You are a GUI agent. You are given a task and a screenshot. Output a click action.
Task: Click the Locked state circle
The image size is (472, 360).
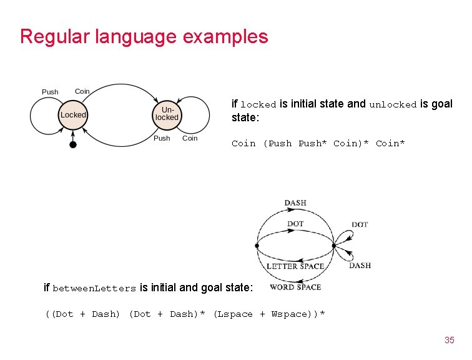(x=73, y=115)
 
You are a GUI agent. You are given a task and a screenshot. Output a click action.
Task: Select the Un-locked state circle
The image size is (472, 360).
(x=167, y=114)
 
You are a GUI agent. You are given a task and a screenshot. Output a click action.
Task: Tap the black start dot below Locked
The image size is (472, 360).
(x=72, y=144)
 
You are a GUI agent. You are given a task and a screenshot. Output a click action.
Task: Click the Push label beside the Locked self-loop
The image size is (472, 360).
(x=50, y=92)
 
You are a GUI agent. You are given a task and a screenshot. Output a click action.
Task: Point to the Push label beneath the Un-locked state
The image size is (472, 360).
(x=162, y=138)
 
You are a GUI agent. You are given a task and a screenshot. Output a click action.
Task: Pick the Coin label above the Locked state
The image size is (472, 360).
(x=82, y=91)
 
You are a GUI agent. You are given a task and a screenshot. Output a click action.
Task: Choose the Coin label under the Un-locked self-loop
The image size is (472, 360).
(x=190, y=138)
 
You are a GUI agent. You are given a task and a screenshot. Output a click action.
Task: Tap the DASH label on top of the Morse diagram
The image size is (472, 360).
(x=295, y=202)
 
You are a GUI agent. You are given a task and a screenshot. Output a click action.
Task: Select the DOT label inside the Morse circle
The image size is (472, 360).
(x=295, y=224)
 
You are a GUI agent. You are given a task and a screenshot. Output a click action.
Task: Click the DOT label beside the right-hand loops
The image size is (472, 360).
(x=360, y=224)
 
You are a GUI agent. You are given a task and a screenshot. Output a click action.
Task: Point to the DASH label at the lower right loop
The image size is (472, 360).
(x=360, y=265)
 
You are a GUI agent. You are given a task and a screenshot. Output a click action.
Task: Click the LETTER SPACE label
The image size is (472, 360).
(x=295, y=266)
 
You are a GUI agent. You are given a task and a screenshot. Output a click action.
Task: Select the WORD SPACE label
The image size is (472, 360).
(x=295, y=287)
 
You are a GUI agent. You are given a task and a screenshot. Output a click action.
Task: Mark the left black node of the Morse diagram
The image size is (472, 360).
(x=257, y=246)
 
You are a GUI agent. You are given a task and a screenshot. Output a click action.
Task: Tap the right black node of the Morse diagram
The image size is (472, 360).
(x=334, y=246)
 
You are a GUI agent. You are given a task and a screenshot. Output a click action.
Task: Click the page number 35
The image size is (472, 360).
(x=449, y=340)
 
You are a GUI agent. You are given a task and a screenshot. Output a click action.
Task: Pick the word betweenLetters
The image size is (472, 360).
(x=94, y=288)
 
